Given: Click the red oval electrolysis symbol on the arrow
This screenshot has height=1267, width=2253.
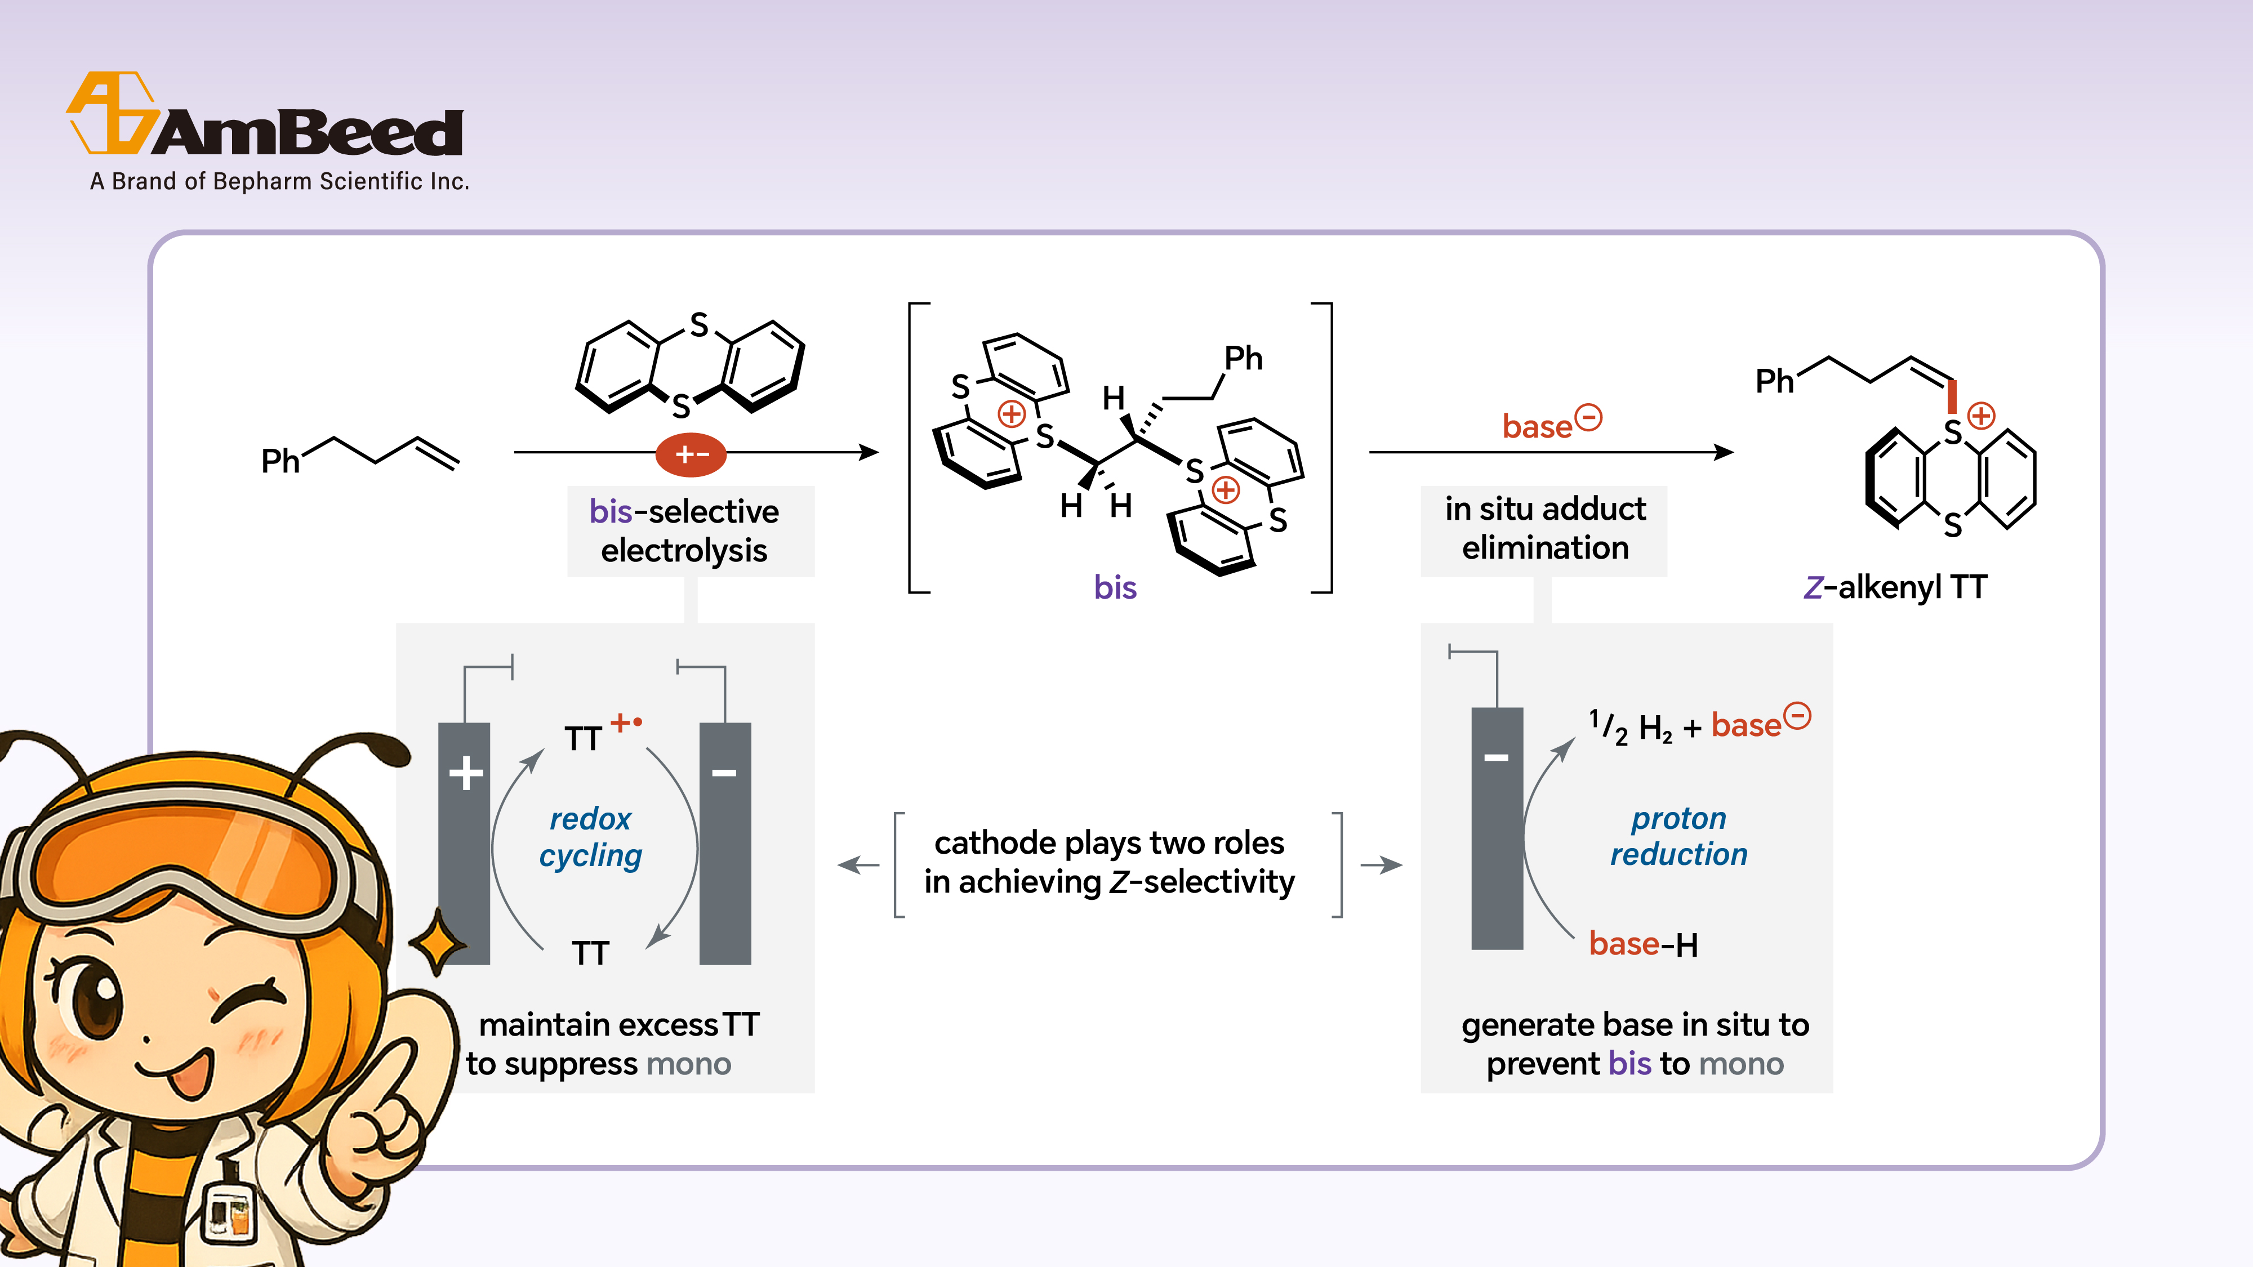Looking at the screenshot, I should (691, 454).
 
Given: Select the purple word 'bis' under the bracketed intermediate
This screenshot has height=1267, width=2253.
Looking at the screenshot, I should (1115, 587).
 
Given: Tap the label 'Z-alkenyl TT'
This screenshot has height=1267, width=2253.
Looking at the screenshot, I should (1895, 587).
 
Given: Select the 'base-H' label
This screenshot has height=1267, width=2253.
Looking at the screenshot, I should (1642, 944).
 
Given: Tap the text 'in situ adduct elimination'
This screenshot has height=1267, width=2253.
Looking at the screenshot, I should (1544, 528).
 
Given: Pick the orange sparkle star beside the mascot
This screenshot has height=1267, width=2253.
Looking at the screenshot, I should (437, 943).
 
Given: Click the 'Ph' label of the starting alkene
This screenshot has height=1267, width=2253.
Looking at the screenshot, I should (280, 461).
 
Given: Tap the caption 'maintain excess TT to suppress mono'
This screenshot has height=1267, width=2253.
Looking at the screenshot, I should (612, 1044).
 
